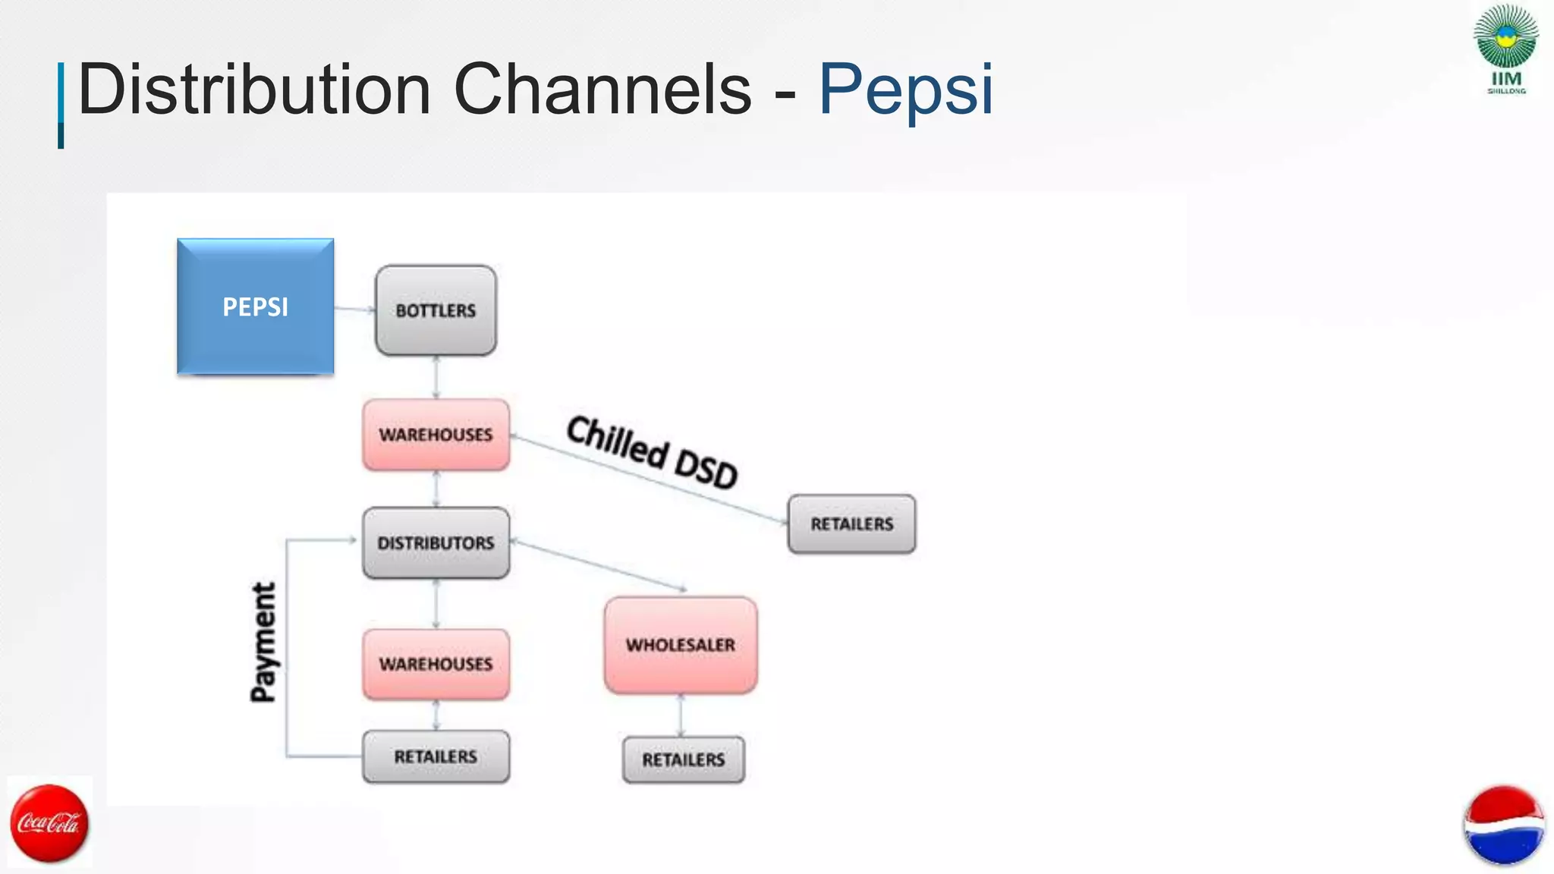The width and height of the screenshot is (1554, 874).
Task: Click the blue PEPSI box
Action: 255,307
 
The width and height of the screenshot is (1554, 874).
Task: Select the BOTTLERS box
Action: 436,310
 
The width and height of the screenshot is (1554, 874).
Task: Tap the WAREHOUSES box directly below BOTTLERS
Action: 436,435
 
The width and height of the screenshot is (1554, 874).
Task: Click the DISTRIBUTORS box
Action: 436,543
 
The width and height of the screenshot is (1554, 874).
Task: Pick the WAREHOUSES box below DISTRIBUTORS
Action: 436,664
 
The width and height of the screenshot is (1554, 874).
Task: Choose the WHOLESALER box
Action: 681,645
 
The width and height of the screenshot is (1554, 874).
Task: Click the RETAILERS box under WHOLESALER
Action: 683,759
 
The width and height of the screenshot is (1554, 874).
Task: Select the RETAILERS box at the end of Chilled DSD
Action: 851,524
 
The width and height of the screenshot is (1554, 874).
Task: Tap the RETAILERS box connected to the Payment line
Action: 436,756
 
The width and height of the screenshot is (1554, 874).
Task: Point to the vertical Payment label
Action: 263,642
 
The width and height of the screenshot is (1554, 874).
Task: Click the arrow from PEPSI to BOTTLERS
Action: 354,309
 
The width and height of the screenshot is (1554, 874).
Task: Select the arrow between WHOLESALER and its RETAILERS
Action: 680,715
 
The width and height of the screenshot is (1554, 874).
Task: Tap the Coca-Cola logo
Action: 49,823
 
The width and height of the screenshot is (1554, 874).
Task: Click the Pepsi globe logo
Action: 1503,825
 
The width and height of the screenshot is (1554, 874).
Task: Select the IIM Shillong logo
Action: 1505,49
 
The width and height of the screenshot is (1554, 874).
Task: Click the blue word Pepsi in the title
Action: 905,90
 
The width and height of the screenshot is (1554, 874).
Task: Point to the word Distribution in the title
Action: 254,90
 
